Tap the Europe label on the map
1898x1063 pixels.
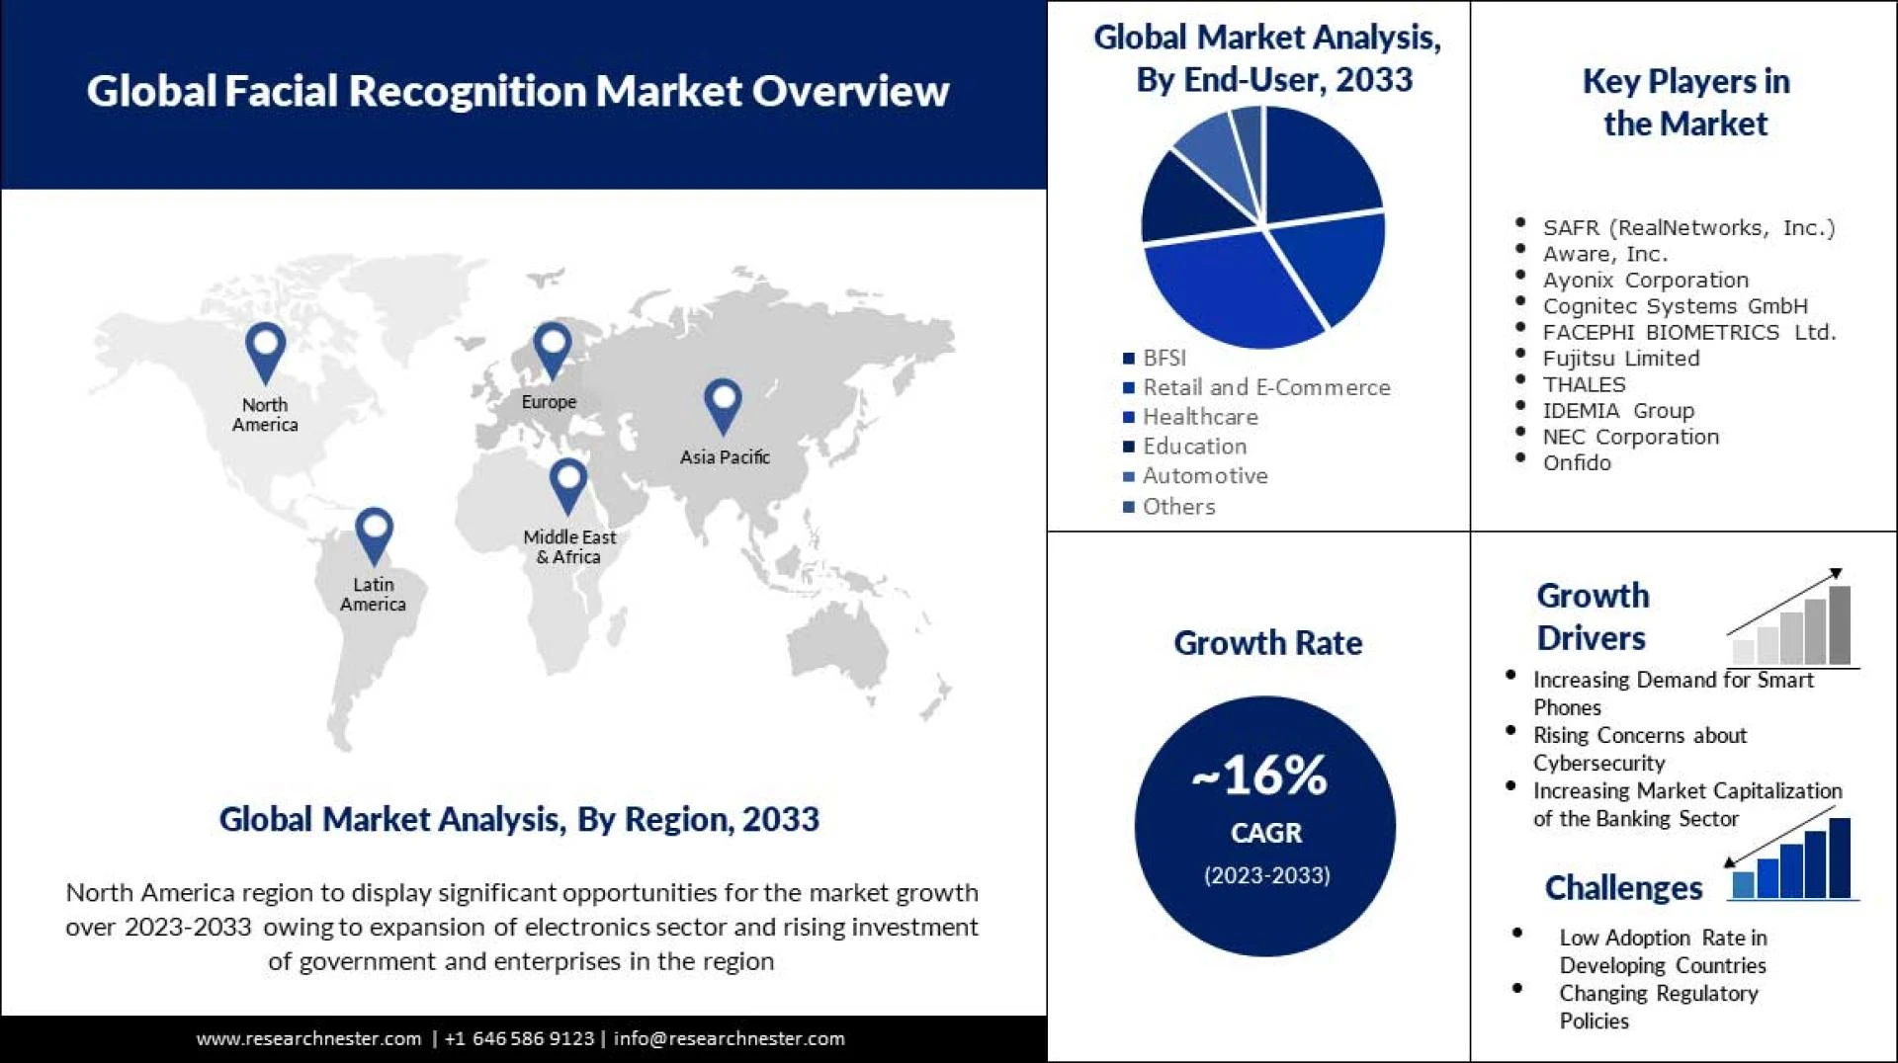pyautogui.click(x=549, y=402)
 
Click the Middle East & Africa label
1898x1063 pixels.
pyautogui.click(x=569, y=546)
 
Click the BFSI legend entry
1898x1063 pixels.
pyautogui.click(x=1164, y=358)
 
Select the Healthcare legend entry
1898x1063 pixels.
pyautogui.click(x=1199, y=417)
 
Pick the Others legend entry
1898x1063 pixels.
pyautogui.click(x=1178, y=507)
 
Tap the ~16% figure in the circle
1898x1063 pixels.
pyautogui.click(x=1260, y=776)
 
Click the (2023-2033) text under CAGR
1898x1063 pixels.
pyautogui.click(x=1266, y=875)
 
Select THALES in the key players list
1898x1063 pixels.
pyautogui.click(x=1584, y=384)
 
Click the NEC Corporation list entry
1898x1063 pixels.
pyautogui.click(x=1630, y=437)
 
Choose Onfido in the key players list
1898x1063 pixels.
pyautogui.click(x=1577, y=462)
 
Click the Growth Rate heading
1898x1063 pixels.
pyautogui.click(x=1267, y=643)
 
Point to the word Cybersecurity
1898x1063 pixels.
pyautogui.click(x=1598, y=763)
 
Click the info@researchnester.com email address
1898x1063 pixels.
pyautogui.click(x=729, y=1038)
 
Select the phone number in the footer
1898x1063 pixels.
pyautogui.click(x=519, y=1038)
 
